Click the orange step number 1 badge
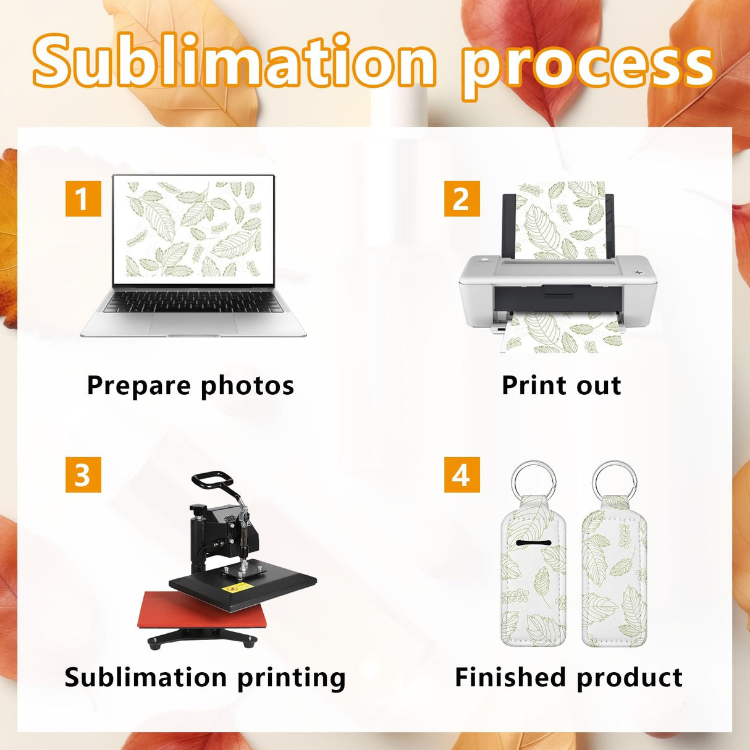tap(83, 199)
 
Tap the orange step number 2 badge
tap(461, 199)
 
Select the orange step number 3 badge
tap(83, 475)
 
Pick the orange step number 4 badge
tap(461, 475)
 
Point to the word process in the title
tap(588, 65)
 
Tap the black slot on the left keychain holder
tap(532, 543)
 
